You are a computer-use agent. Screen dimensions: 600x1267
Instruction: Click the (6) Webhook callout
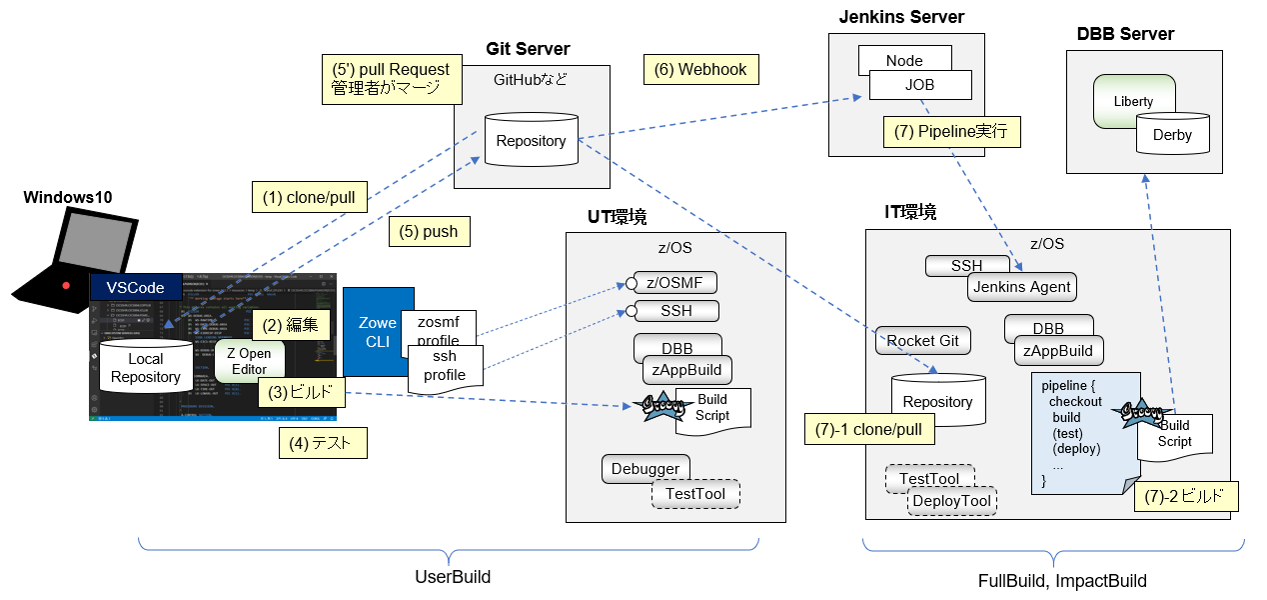[701, 70]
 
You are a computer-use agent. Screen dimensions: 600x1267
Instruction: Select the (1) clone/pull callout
[308, 197]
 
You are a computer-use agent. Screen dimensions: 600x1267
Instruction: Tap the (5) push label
[429, 231]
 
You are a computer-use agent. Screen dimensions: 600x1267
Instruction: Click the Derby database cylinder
[1172, 134]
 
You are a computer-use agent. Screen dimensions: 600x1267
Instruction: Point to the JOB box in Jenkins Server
[919, 85]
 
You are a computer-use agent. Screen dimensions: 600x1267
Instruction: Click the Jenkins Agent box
[1021, 287]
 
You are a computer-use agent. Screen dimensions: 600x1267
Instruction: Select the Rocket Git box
[922, 341]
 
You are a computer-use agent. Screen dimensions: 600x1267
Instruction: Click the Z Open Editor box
[250, 361]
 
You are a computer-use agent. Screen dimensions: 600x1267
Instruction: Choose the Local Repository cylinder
[146, 368]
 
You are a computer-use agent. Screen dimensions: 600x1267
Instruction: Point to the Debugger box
[644, 468]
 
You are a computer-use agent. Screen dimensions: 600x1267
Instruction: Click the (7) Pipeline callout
[952, 132]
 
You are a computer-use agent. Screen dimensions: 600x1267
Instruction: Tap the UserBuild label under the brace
[453, 577]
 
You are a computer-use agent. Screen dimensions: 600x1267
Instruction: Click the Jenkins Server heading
[901, 17]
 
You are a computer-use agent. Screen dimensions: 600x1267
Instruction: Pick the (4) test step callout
[322, 442]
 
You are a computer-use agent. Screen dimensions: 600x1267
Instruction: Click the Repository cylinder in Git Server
[531, 141]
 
